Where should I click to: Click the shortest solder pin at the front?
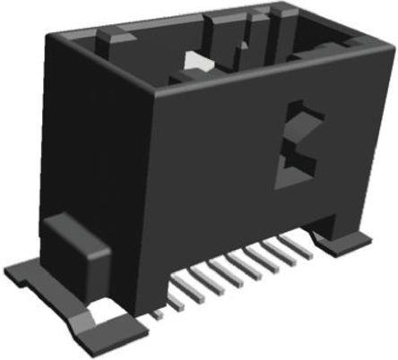158,315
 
